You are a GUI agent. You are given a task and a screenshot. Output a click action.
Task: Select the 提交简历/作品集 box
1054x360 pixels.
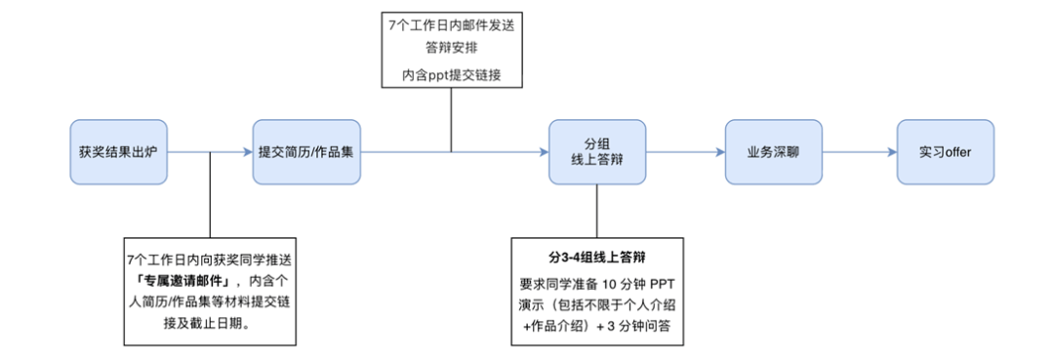coord(306,152)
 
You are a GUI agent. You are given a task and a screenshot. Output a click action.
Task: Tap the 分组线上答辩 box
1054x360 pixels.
coord(596,152)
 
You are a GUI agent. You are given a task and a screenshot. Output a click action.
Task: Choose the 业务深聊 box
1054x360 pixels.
coord(773,152)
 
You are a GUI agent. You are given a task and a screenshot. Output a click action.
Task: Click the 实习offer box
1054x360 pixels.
coord(945,152)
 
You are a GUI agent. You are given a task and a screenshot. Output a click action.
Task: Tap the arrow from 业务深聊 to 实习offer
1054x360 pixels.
coord(859,152)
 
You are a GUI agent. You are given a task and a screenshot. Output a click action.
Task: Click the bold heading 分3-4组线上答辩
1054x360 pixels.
coord(596,259)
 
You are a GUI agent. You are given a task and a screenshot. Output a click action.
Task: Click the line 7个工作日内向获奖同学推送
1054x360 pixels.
coord(210,259)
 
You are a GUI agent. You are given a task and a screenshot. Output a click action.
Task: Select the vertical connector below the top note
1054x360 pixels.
coord(452,122)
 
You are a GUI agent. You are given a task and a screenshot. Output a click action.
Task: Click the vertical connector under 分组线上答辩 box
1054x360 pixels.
coord(596,210)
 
